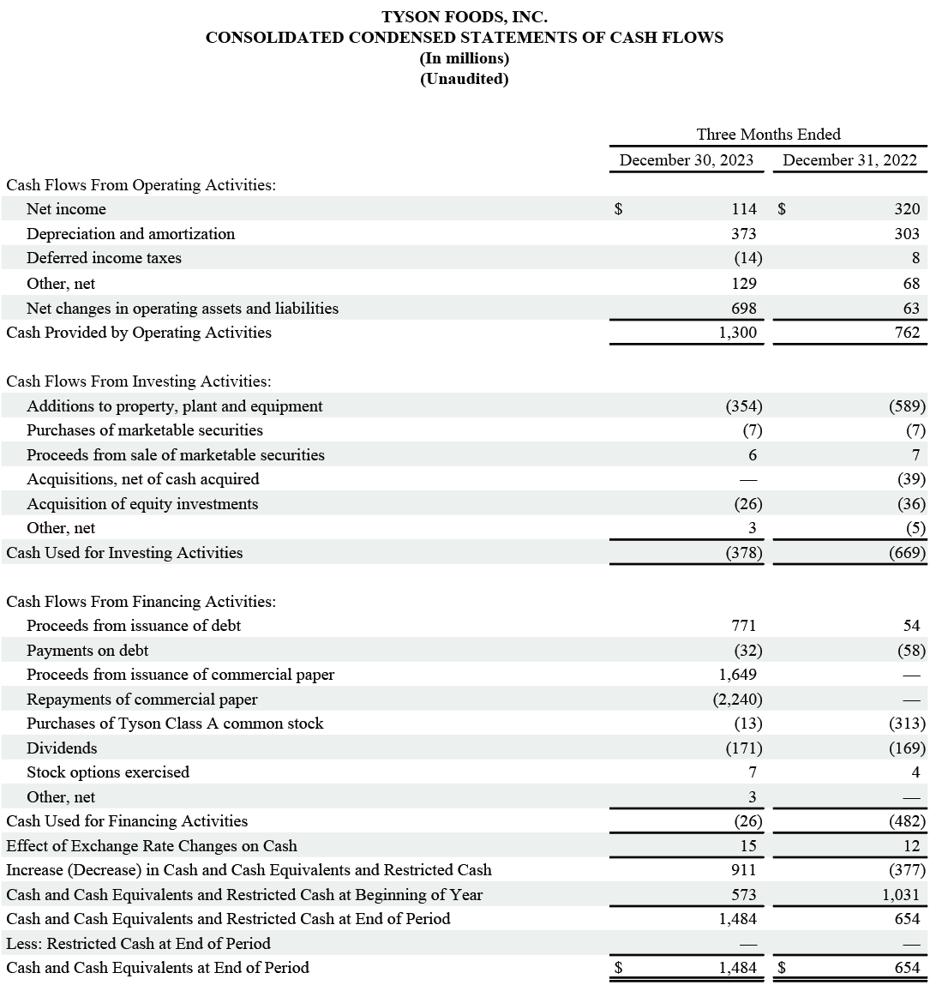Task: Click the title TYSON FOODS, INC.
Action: coord(464,16)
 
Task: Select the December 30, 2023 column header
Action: coord(687,160)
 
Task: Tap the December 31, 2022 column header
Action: coord(849,160)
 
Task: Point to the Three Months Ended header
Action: coord(768,135)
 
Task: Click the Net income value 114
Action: coord(744,209)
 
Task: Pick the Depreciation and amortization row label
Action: coord(130,234)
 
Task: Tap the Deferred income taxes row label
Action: coord(104,258)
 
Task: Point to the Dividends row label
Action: coord(62,748)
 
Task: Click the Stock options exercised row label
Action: coord(108,772)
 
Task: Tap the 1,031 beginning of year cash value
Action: coord(902,895)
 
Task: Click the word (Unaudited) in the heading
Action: coord(464,80)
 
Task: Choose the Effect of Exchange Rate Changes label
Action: coord(152,846)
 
